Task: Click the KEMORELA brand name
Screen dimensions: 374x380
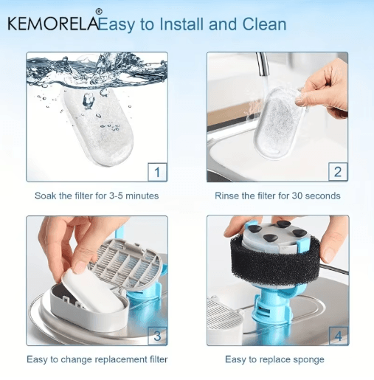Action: pos(53,24)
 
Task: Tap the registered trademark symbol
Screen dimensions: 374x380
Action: pos(99,12)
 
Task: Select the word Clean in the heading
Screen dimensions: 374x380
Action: pos(264,24)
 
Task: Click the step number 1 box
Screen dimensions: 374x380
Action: pos(157,172)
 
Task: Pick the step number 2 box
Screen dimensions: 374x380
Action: pos(338,171)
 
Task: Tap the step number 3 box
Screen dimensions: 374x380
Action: pos(157,336)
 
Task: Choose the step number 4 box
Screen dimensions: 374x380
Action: pos(339,336)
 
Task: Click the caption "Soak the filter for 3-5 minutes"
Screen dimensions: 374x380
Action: pos(97,196)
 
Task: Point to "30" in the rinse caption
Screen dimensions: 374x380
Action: pos(297,196)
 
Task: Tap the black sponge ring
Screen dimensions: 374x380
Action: pos(275,258)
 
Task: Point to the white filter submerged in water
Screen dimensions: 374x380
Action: pos(98,127)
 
